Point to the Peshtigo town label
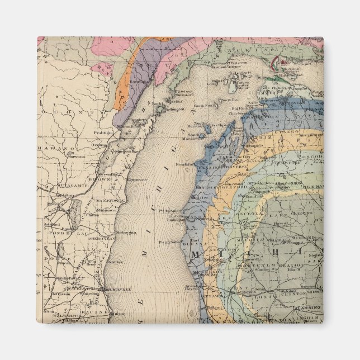[103, 133]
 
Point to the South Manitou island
[196, 136]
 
